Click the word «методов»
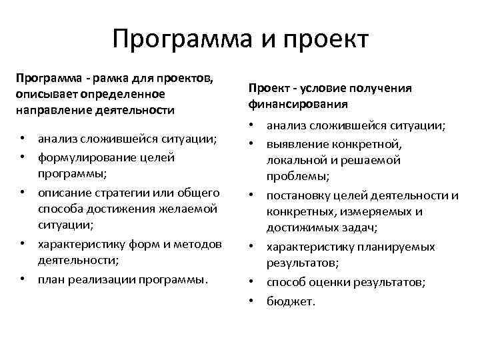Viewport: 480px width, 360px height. point(198,243)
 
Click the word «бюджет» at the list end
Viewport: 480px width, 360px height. point(289,301)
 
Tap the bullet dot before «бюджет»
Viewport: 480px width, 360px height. point(253,301)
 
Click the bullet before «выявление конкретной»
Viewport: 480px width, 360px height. point(253,143)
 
